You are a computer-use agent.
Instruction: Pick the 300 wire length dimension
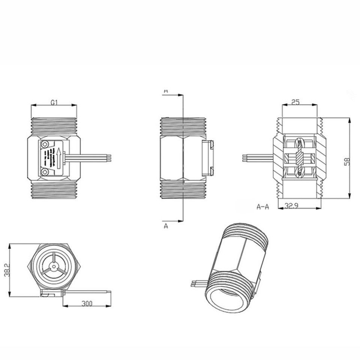(x=87, y=303)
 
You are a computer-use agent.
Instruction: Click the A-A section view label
(x=263, y=207)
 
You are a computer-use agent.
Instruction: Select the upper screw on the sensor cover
(x=45, y=144)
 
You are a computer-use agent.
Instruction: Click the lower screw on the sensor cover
(x=45, y=172)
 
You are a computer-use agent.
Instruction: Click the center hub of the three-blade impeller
(x=54, y=267)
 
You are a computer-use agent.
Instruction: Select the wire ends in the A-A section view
(x=245, y=157)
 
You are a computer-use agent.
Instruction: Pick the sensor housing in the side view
(x=208, y=158)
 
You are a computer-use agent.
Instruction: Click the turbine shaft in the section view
(x=299, y=157)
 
